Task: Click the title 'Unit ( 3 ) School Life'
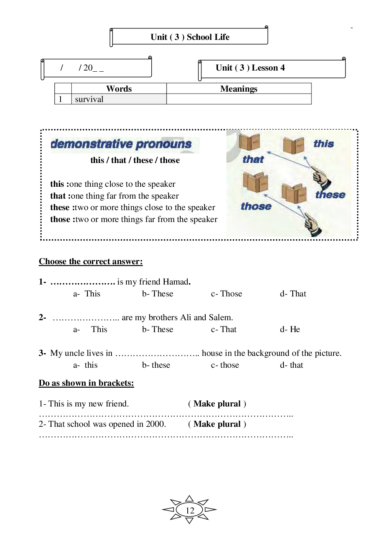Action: (x=190, y=37)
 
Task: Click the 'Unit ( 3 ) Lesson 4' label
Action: (x=250, y=68)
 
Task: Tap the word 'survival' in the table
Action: (x=89, y=99)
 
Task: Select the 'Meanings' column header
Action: (x=239, y=89)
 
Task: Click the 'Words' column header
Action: (x=119, y=89)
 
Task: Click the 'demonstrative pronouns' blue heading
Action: (x=121, y=144)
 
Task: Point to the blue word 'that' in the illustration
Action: (x=253, y=160)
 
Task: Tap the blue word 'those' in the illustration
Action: (x=256, y=206)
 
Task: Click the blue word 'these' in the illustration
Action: (x=330, y=195)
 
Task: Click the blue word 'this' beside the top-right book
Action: (x=324, y=144)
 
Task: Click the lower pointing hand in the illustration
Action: (x=313, y=225)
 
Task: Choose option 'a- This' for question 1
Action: (x=87, y=294)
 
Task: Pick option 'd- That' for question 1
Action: (x=293, y=294)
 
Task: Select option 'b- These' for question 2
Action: (x=157, y=329)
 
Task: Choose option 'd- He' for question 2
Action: (x=290, y=329)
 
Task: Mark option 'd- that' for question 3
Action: (x=292, y=365)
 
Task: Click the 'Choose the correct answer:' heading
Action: (x=91, y=262)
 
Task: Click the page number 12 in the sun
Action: (x=190, y=510)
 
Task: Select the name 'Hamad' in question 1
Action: (x=175, y=282)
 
